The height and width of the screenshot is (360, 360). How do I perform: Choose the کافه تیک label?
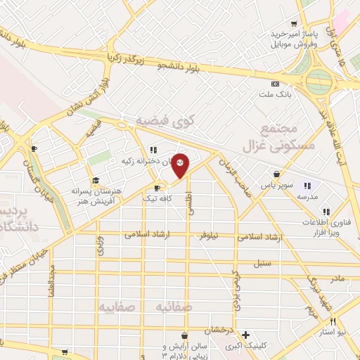point(159,199)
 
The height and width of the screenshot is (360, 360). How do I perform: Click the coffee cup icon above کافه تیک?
point(157,188)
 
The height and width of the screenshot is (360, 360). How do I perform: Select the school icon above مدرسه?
point(307,186)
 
